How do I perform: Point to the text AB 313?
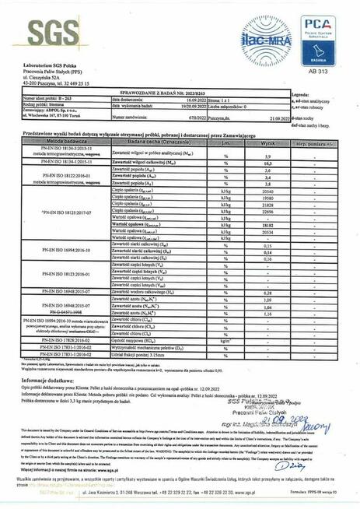coord(318,70)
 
